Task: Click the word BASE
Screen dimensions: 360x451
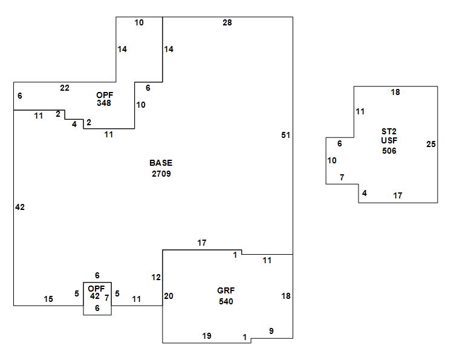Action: point(161,163)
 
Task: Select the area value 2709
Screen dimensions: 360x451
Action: point(161,174)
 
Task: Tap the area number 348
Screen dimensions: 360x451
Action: point(104,103)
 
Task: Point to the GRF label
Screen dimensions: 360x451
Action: point(225,291)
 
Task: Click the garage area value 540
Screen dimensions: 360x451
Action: point(225,301)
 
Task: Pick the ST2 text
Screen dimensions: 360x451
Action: point(389,131)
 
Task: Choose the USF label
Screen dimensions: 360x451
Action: point(389,141)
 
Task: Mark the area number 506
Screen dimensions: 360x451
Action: point(389,151)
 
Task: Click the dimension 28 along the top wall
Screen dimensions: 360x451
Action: point(227,23)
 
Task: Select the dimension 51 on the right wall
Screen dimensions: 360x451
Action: point(285,135)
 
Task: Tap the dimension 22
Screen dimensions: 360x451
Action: point(65,88)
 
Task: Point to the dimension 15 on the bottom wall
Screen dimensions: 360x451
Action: point(48,299)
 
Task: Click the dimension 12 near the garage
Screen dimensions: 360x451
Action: point(156,277)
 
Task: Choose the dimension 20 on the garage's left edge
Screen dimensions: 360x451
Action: point(169,296)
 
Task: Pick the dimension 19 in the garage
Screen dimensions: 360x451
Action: point(207,336)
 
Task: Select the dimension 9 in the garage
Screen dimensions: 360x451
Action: point(271,331)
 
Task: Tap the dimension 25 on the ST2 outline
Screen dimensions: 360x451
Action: point(430,144)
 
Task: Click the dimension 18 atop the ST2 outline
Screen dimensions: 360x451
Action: point(395,93)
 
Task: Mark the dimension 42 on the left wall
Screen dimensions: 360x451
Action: point(20,207)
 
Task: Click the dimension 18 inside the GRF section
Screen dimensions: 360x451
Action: point(286,296)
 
